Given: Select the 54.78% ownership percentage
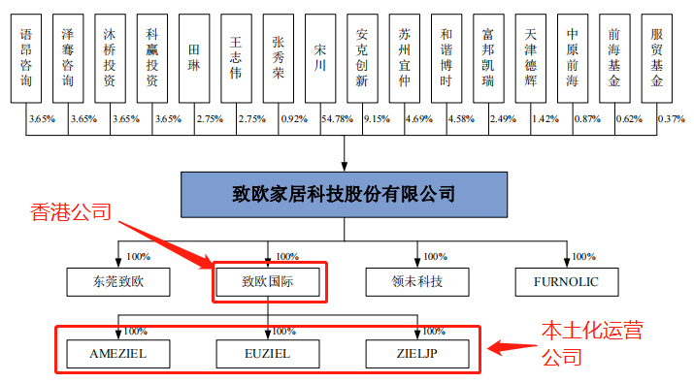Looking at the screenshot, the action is [324, 118].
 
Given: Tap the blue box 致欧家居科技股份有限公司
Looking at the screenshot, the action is [346, 194].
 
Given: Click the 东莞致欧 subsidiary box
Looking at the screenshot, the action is [119, 283].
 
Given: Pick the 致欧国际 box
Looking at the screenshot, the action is [269, 283].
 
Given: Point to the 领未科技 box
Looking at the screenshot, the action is [417, 283].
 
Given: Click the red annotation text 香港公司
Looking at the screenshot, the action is [72, 211].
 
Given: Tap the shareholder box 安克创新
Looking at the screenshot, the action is [362, 58].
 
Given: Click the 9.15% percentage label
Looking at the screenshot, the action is [375, 118].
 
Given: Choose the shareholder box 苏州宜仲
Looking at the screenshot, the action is [405, 58].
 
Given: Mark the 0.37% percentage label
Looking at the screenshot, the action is [671, 118].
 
